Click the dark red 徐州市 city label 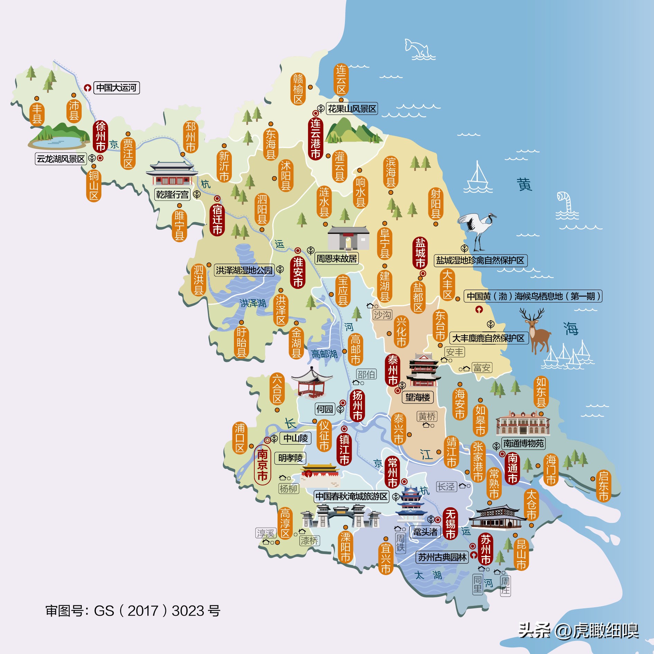point(100,136)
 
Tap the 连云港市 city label point(315,138)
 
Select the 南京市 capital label point(262,465)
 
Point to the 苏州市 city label point(485,549)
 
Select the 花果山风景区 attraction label point(352,109)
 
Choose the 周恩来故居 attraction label point(336,258)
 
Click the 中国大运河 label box point(116,88)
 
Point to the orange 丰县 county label point(37,113)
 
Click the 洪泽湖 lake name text point(253,303)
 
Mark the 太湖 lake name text point(428,575)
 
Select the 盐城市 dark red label point(420,253)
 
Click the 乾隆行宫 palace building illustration point(171,174)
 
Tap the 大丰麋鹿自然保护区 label point(489,338)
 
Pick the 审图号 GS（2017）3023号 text point(133,611)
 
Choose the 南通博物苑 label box point(523,443)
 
